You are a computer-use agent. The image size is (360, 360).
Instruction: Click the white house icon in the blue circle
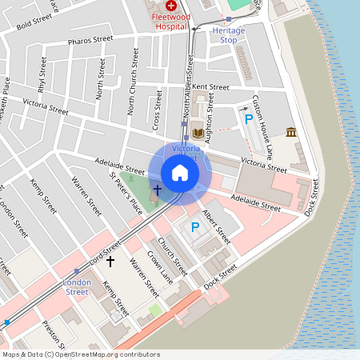(180, 173)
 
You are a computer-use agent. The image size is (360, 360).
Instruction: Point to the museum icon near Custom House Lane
(291, 131)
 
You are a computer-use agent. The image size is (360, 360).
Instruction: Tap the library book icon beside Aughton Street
(198, 134)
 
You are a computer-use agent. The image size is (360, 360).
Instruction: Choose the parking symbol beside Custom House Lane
(249, 119)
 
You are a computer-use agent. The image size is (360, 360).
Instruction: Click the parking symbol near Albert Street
(194, 228)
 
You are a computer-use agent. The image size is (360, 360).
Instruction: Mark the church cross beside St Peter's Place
(158, 190)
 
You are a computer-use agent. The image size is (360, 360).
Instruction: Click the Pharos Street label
(90, 39)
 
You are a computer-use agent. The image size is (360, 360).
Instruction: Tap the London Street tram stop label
(77, 286)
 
